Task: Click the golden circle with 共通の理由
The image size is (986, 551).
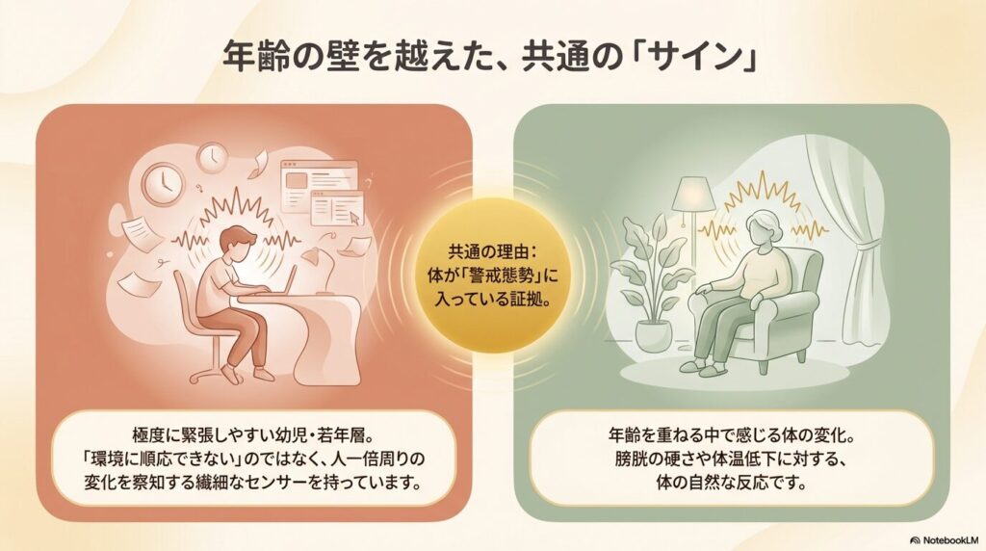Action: pyautogui.click(x=493, y=275)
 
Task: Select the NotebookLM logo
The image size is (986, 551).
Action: pyautogui.click(x=946, y=539)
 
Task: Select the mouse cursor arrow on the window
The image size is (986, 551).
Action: pyautogui.click(x=356, y=219)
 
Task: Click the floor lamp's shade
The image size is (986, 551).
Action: pyautogui.click(x=692, y=193)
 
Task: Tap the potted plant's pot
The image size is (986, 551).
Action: pyautogui.click(x=654, y=335)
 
